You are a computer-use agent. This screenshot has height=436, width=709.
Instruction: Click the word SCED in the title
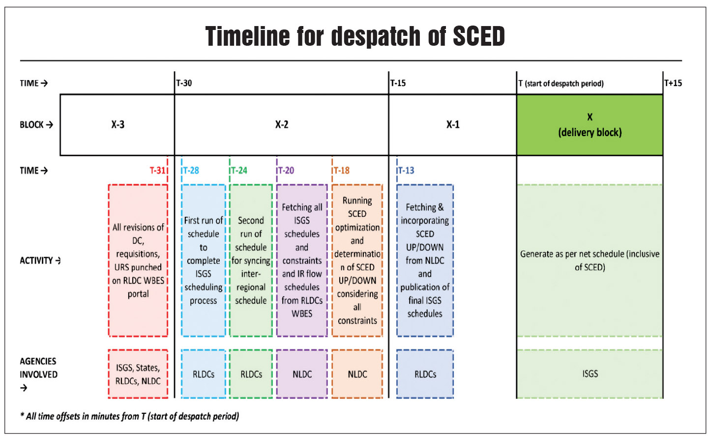[478, 36]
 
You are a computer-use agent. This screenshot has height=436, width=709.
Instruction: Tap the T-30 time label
[184, 83]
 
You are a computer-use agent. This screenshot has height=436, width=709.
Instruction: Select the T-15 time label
[398, 83]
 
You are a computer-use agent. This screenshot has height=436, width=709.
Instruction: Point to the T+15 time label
[673, 83]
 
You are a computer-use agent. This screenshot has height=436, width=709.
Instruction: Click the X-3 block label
[118, 125]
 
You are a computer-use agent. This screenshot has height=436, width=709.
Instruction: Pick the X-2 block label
[282, 125]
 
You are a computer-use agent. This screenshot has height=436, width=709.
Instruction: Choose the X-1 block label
[453, 125]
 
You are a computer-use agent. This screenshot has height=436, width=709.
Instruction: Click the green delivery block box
[590, 125]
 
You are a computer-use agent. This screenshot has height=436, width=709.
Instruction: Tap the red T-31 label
[158, 171]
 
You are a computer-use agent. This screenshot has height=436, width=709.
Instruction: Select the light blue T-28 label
[191, 171]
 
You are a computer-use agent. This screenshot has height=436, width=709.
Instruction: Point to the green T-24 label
[239, 171]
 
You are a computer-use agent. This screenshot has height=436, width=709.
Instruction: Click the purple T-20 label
[286, 171]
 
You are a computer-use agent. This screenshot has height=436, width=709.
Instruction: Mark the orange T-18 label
[342, 171]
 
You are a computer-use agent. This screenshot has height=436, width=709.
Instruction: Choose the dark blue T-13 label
[406, 171]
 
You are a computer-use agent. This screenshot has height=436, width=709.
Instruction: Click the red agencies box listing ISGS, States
[138, 374]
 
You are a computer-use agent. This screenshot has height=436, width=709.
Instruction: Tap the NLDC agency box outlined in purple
[302, 374]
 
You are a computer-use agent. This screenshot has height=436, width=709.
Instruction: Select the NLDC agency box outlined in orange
[357, 374]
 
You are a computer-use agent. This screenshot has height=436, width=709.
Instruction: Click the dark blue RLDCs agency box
[425, 374]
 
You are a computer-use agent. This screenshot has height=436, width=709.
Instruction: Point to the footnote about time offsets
[129, 416]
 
